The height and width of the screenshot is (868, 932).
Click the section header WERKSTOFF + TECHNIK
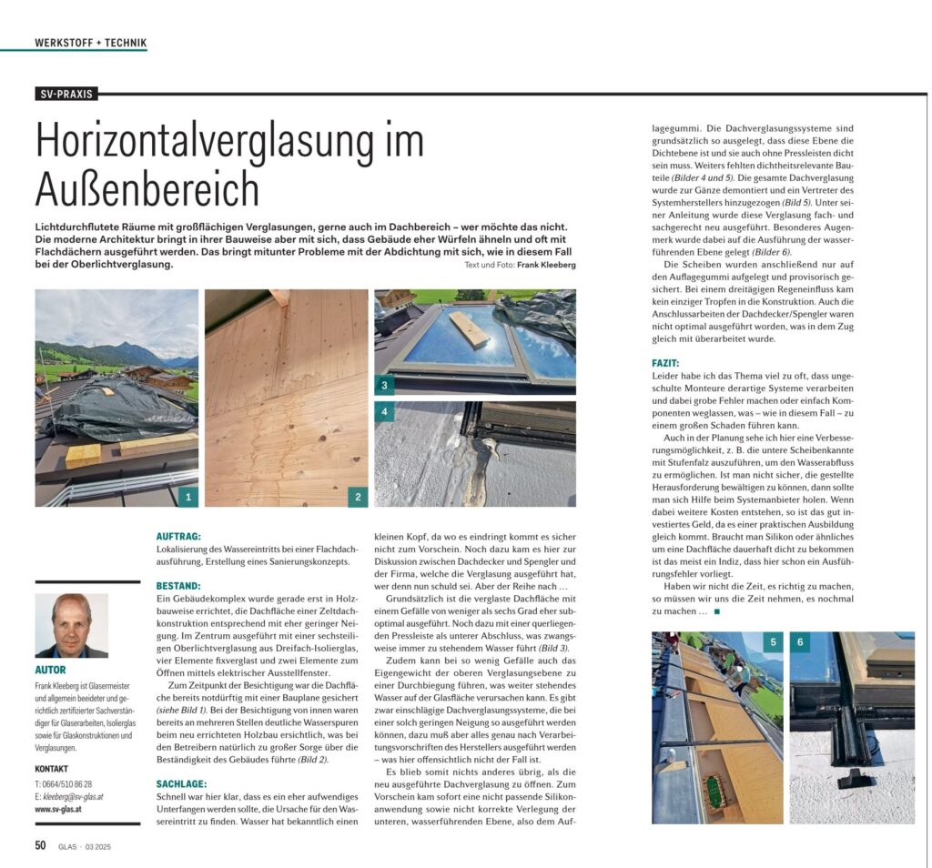(90, 43)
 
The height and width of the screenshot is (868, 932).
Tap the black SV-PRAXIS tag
(67, 94)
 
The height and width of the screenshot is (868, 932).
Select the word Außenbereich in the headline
(147, 188)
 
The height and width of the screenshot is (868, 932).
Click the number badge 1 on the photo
(188, 497)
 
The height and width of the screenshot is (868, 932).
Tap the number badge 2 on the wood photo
(359, 497)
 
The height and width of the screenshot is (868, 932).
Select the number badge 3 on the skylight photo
(385, 385)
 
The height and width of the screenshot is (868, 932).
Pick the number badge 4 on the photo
(385, 412)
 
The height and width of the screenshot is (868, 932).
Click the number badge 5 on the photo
(774, 642)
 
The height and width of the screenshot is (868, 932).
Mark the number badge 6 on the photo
(799, 642)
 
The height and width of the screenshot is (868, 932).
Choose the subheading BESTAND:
(179, 585)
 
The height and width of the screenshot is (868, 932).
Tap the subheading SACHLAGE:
(182, 783)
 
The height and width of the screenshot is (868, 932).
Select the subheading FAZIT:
(667, 363)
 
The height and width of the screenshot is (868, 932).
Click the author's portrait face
(72, 618)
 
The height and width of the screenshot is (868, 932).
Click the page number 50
(41, 845)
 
